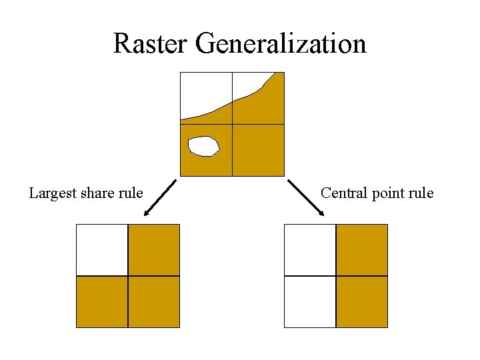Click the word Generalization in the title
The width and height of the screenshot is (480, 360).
pos(281,44)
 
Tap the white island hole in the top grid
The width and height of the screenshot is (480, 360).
pos(203,146)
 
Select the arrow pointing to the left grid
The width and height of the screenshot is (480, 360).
pos(159,198)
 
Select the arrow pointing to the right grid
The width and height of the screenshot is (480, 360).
pos(306,198)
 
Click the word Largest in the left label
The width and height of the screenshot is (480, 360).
pos(53,193)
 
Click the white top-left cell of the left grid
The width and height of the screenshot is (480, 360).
pos(102,250)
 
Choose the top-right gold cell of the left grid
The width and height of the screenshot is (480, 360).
pos(154,250)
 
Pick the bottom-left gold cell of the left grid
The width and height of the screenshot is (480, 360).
pos(102,301)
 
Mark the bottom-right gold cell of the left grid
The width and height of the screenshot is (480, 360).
pos(154,301)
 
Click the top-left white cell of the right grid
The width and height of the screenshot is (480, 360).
pos(310,250)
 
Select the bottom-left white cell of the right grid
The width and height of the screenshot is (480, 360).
pos(310,301)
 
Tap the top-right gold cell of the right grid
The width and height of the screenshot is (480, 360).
pos(362,250)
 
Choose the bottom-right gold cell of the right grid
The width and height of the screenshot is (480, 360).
pos(362,301)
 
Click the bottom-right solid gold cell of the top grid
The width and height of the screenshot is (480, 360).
pos(258,150)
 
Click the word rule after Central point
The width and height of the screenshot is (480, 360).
pos(421,193)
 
